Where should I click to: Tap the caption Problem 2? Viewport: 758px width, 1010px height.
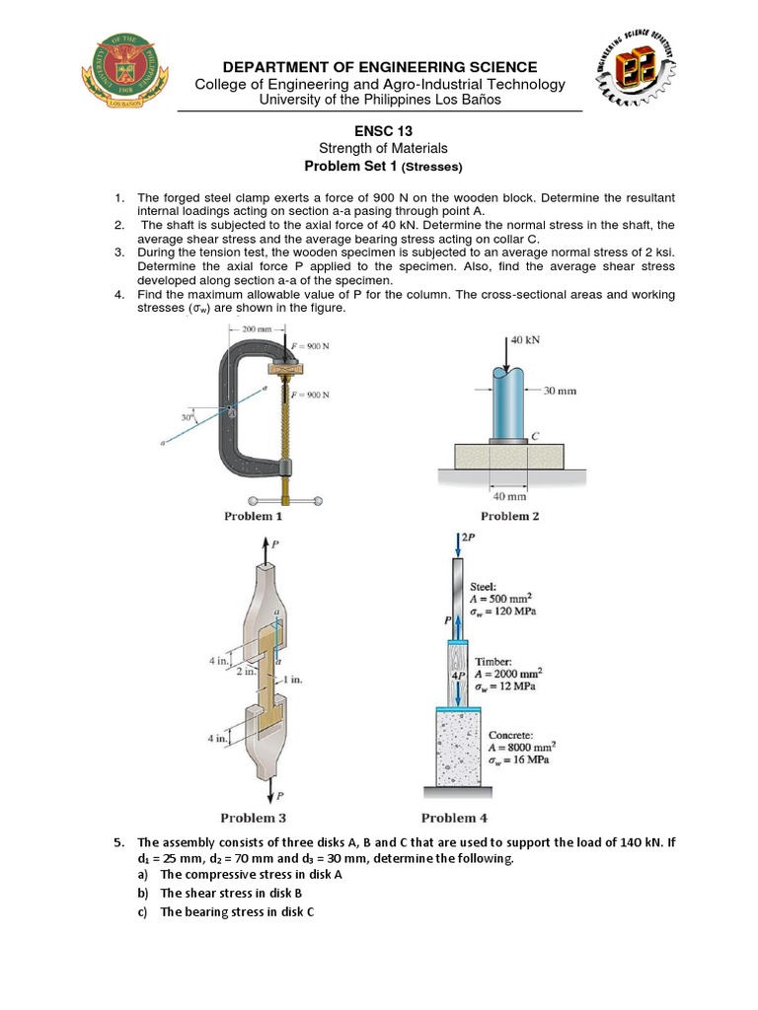click(x=509, y=516)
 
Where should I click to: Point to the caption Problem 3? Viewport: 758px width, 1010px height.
click(x=253, y=817)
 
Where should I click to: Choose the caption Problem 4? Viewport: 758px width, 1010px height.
click(x=454, y=817)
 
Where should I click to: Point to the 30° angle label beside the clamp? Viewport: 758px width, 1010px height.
click(x=186, y=417)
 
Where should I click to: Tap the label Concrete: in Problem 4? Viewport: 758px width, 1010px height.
click(x=512, y=735)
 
